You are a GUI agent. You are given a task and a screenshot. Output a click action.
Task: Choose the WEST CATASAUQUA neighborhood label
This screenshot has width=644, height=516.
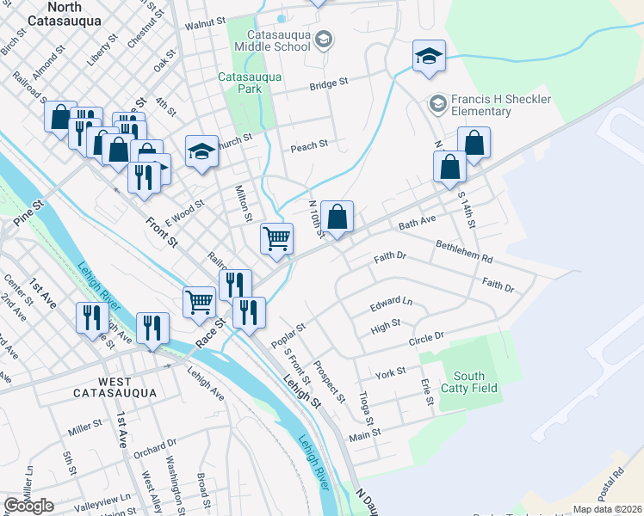tap(115, 387)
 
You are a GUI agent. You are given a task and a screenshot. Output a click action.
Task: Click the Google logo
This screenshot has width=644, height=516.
tap(28, 506)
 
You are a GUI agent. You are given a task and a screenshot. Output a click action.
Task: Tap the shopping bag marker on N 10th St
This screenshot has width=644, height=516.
tap(339, 218)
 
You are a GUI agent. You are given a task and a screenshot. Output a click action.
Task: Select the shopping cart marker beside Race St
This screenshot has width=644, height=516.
tap(199, 302)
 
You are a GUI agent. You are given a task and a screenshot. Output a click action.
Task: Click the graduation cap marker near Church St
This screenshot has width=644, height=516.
tap(201, 151)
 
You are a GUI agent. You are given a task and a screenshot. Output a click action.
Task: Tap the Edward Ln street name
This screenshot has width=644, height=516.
tap(392, 304)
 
